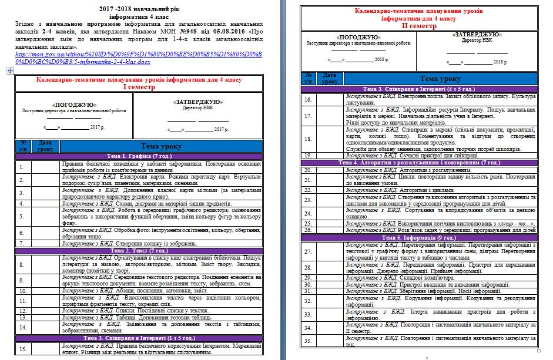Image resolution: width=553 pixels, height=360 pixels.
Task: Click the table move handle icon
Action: click(x=9, y=70)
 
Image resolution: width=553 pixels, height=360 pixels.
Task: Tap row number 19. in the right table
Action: click(x=308, y=155)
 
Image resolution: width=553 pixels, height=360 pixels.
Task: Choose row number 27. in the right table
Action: click(x=308, y=252)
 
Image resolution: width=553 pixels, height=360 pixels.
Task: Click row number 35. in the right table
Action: click(x=308, y=341)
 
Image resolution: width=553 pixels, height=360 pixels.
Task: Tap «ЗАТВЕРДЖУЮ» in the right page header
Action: click(x=477, y=36)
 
